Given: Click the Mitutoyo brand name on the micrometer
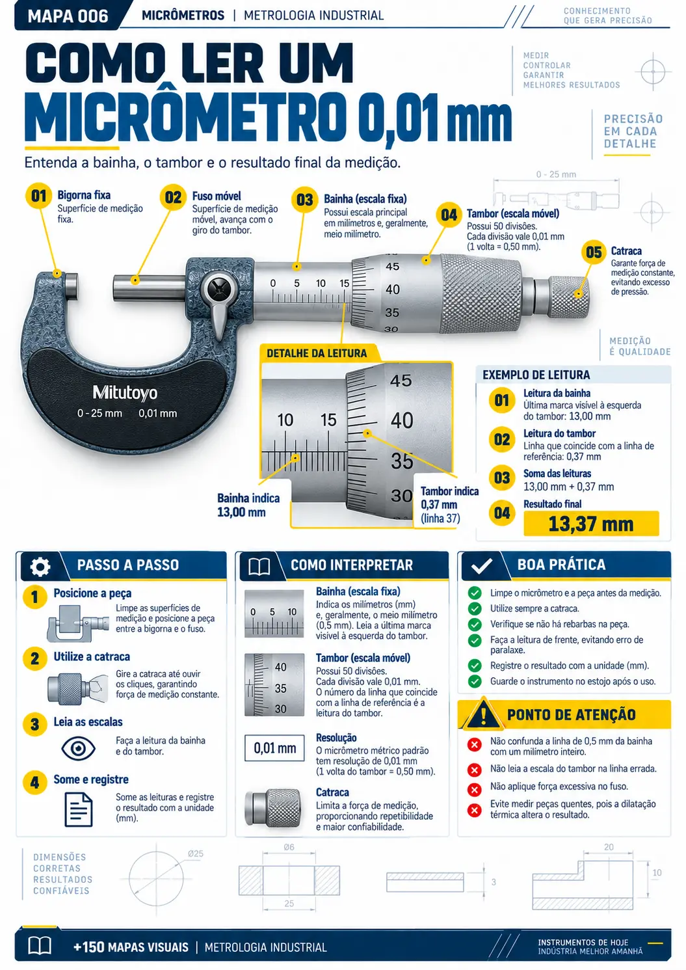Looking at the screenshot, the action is coord(125,393).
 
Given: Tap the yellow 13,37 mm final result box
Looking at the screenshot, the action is coord(591,524).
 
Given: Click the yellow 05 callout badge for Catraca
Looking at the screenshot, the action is coord(594,252).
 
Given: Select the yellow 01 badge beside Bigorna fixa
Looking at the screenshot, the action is coord(38,196).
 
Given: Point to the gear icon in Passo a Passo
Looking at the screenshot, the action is coord(40,567).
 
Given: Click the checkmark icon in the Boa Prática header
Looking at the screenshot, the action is coord(481,565).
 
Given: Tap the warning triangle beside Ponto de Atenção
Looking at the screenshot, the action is coord(482,713).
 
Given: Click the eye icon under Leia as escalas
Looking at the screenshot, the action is coord(78,748).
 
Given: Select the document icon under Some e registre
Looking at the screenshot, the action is coord(78,809).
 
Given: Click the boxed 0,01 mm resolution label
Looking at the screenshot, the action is coord(274,748).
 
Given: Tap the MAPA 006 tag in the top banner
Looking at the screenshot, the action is coord(68,16).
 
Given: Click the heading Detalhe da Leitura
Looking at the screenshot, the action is coord(317,353).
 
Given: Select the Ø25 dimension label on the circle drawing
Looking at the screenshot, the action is coord(196,854).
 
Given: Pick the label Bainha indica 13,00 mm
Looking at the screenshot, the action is coord(248,505).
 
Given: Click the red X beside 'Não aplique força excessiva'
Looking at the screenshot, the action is coord(475,789).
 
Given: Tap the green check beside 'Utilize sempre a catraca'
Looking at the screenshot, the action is coord(475,608).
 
